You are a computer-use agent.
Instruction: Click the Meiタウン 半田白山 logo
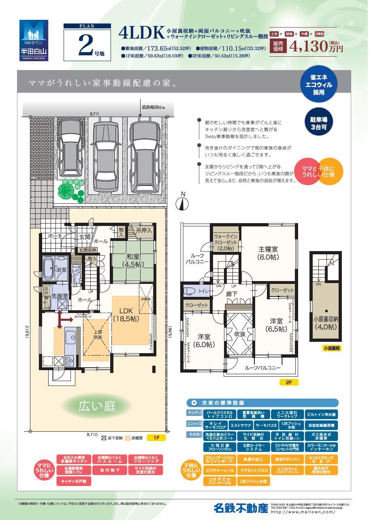[x=34, y=40]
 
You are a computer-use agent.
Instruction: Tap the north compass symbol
[x=183, y=202]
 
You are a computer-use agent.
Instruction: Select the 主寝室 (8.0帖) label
[x=268, y=253]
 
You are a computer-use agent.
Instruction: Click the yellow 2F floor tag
[x=289, y=382]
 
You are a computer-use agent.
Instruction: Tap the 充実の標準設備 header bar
[x=262, y=403]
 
